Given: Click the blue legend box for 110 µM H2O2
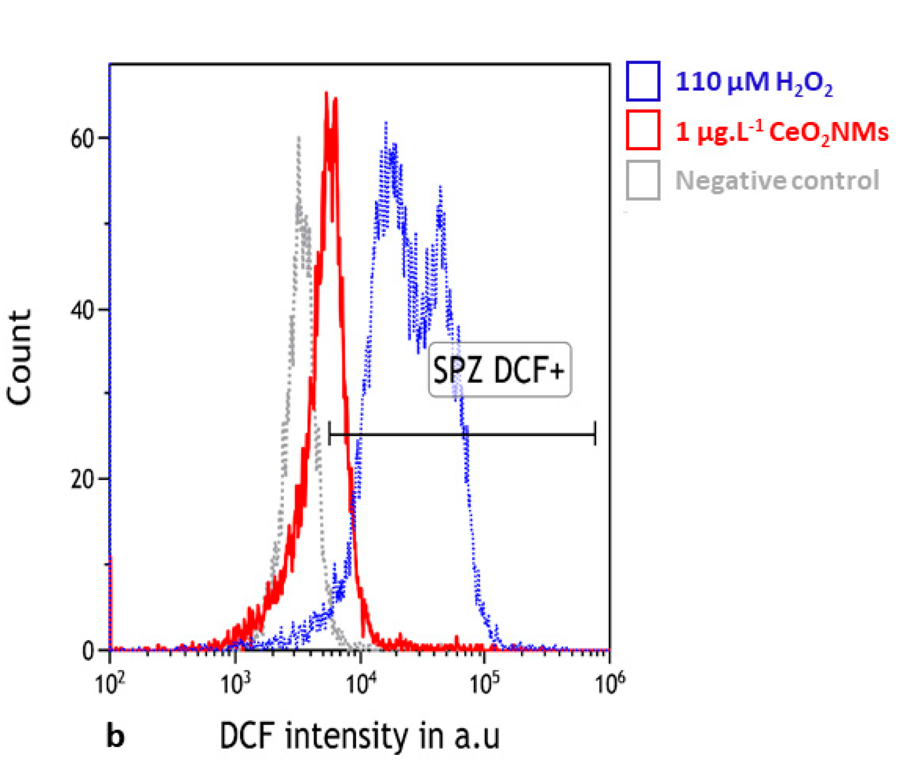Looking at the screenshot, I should click(643, 81).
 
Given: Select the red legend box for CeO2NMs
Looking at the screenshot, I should click(643, 130).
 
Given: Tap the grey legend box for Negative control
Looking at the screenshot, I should click(643, 180).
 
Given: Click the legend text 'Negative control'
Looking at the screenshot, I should click(777, 180).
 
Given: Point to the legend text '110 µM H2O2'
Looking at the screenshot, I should click(754, 83).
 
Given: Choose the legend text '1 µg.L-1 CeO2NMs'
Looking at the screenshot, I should click(781, 132).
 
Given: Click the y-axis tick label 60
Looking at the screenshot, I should click(83, 139).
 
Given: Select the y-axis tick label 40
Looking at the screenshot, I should click(83, 310).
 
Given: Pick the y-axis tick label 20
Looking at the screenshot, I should click(83, 479).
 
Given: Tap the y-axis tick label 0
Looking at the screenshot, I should click(88, 651).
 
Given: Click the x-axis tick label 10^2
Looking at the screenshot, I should click(110, 684).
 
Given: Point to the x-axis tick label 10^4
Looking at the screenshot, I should click(359, 684).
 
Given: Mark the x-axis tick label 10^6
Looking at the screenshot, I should click(610, 684).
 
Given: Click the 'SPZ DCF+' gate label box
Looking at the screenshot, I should click(499, 369).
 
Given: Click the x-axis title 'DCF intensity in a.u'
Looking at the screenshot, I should click(359, 736).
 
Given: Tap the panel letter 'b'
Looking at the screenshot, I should click(115, 737).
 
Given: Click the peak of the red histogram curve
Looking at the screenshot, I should click(327, 93).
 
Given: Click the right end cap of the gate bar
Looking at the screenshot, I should click(595, 433).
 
